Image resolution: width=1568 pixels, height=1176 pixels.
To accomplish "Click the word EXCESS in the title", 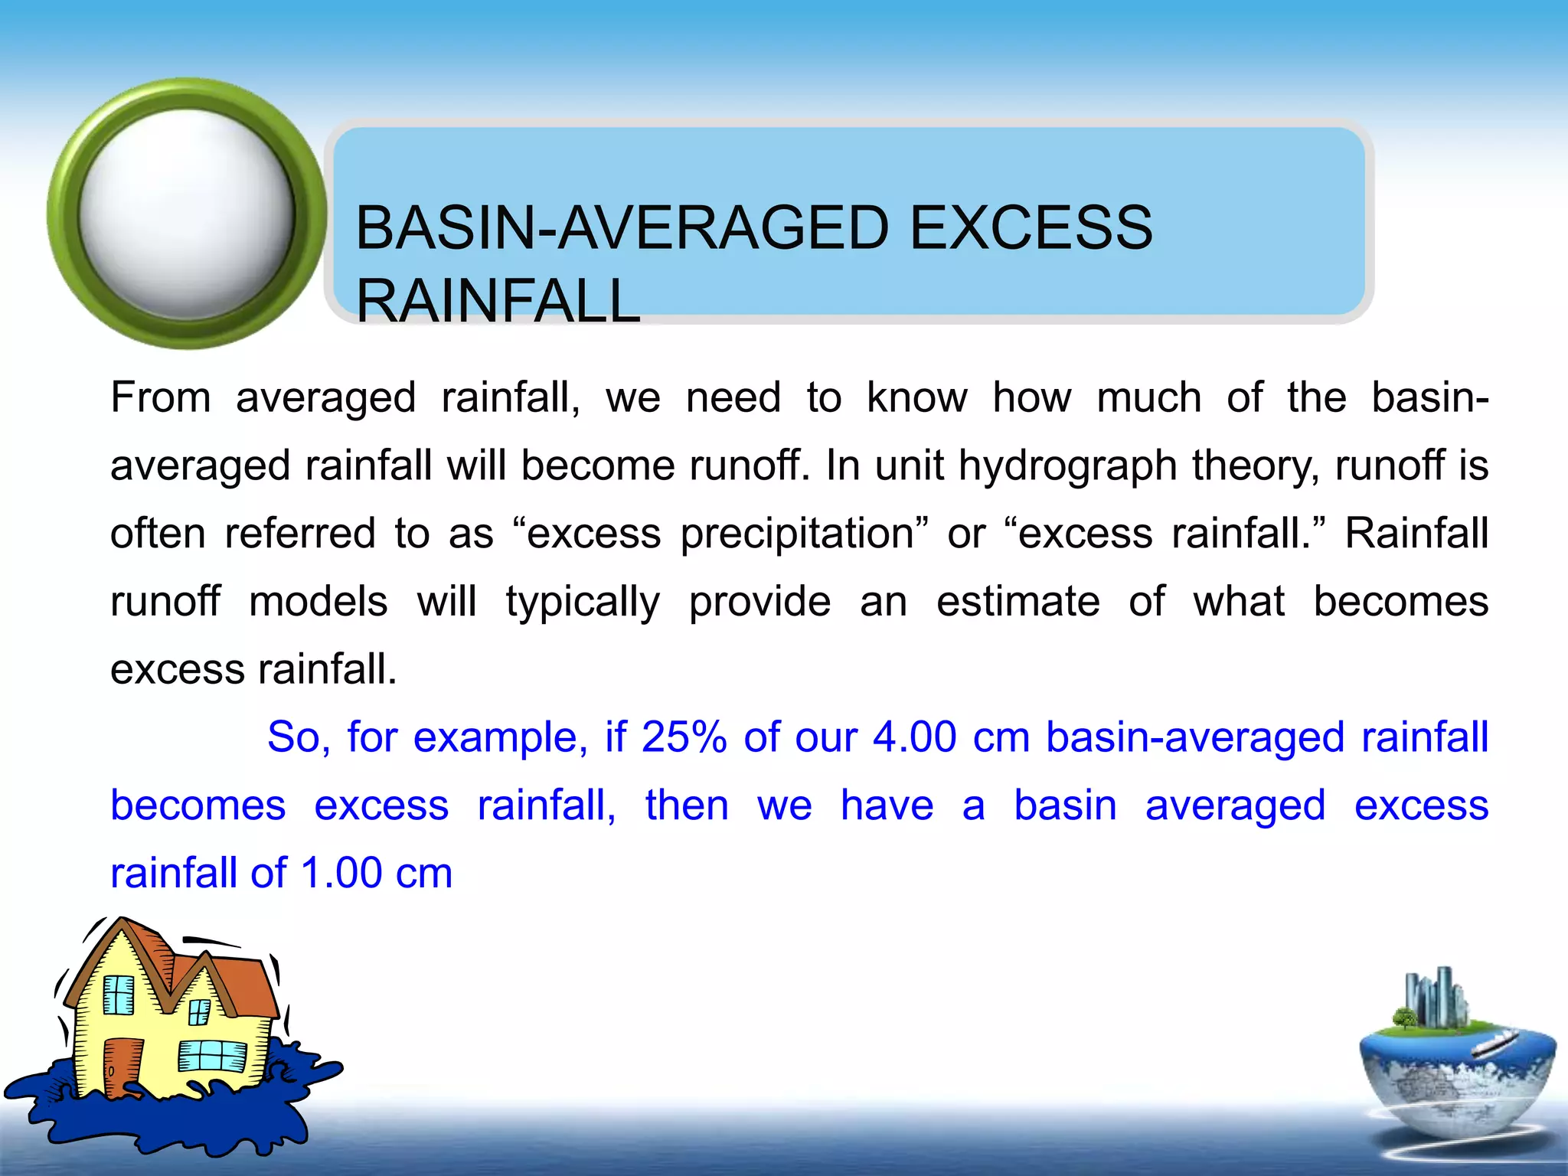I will [1031, 228].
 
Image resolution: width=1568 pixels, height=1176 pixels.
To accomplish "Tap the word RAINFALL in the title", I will [498, 301].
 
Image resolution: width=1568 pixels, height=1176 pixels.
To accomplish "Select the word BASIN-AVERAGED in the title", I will [622, 228].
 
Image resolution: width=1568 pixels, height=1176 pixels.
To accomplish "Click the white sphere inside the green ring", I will [186, 214].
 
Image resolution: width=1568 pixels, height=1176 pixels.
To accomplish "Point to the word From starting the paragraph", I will [161, 397].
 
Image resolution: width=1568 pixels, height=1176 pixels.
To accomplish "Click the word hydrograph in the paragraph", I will [1067, 465].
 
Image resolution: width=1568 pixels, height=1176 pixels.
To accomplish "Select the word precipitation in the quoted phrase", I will [797, 534].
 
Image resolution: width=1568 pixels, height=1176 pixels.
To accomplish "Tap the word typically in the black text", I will [582, 602].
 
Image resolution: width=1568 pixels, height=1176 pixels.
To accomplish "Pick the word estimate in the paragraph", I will [1018, 601].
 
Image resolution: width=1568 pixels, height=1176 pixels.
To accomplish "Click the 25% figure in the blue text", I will [684, 737].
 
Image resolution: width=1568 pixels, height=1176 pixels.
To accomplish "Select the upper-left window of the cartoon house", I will [119, 995].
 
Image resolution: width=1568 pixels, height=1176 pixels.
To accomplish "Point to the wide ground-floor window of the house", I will [212, 1056].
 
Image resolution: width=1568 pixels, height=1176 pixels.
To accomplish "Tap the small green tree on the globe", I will [1405, 1018].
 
